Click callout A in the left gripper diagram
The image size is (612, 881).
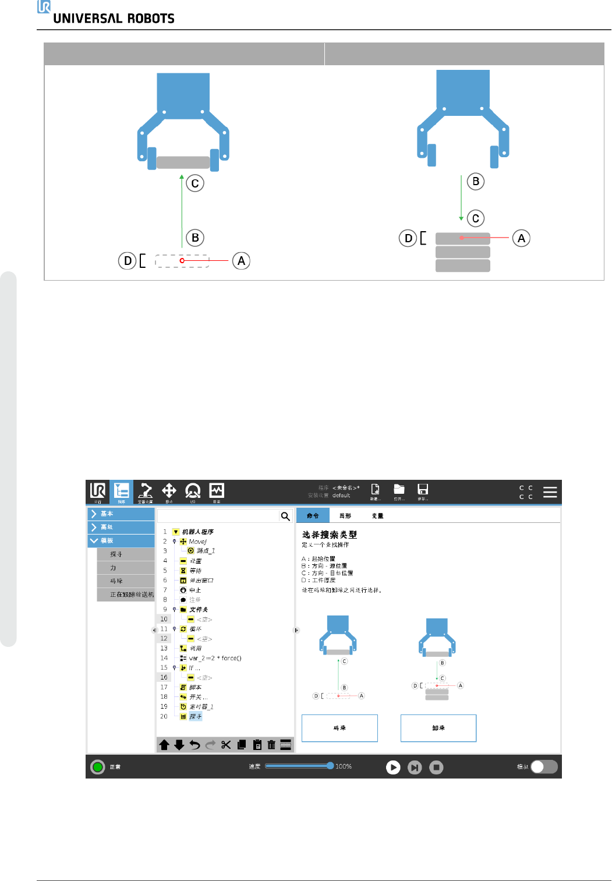click(x=241, y=260)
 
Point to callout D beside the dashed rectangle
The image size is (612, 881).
click(x=127, y=260)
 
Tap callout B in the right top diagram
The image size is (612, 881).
click(x=476, y=181)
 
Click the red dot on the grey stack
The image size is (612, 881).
click(x=461, y=238)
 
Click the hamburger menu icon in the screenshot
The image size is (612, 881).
click(x=550, y=492)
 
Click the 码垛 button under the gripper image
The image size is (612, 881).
click(x=339, y=728)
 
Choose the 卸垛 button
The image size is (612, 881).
click(x=438, y=728)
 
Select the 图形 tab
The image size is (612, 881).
click(x=345, y=515)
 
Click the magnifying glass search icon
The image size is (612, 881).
click(x=285, y=516)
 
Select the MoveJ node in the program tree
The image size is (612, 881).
click(x=197, y=542)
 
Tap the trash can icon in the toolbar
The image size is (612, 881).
click(x=271, y=745)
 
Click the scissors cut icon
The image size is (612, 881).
click(x=226, y=745)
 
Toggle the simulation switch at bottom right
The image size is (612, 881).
click(x=544, y=767)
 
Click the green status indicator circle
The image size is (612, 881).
click(x=98, y=767)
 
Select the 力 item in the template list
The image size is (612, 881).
click(x=114, y=568)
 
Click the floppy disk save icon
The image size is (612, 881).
click(x=423, y=490)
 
